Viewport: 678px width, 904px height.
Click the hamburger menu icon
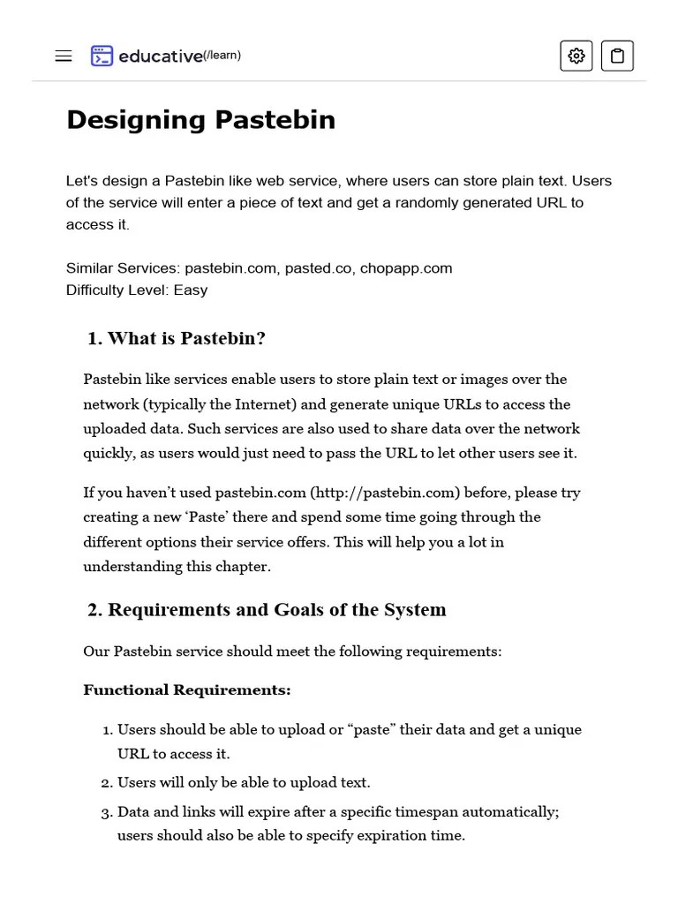click(64, 56)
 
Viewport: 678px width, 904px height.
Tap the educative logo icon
click(102, 56)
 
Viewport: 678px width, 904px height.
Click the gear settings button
click(576, 56)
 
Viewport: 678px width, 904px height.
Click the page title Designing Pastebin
click(200, 119)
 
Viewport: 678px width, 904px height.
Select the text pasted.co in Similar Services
click(318, 267)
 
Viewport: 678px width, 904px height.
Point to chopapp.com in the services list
click(406, 267)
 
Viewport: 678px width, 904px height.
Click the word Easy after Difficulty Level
click(191, 290)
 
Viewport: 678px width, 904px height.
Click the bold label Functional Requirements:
click(186, 689)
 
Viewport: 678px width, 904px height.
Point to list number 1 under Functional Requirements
click(108, 730)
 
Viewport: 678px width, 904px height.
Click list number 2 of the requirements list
click(108, 783)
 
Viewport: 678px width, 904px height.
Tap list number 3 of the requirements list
click(108, 812)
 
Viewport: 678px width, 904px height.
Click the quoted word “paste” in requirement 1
click(376, 729)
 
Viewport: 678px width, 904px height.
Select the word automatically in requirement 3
click(509, 811)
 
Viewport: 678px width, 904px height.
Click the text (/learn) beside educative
click(222, 56)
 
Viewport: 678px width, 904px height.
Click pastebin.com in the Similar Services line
click(230, 267)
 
